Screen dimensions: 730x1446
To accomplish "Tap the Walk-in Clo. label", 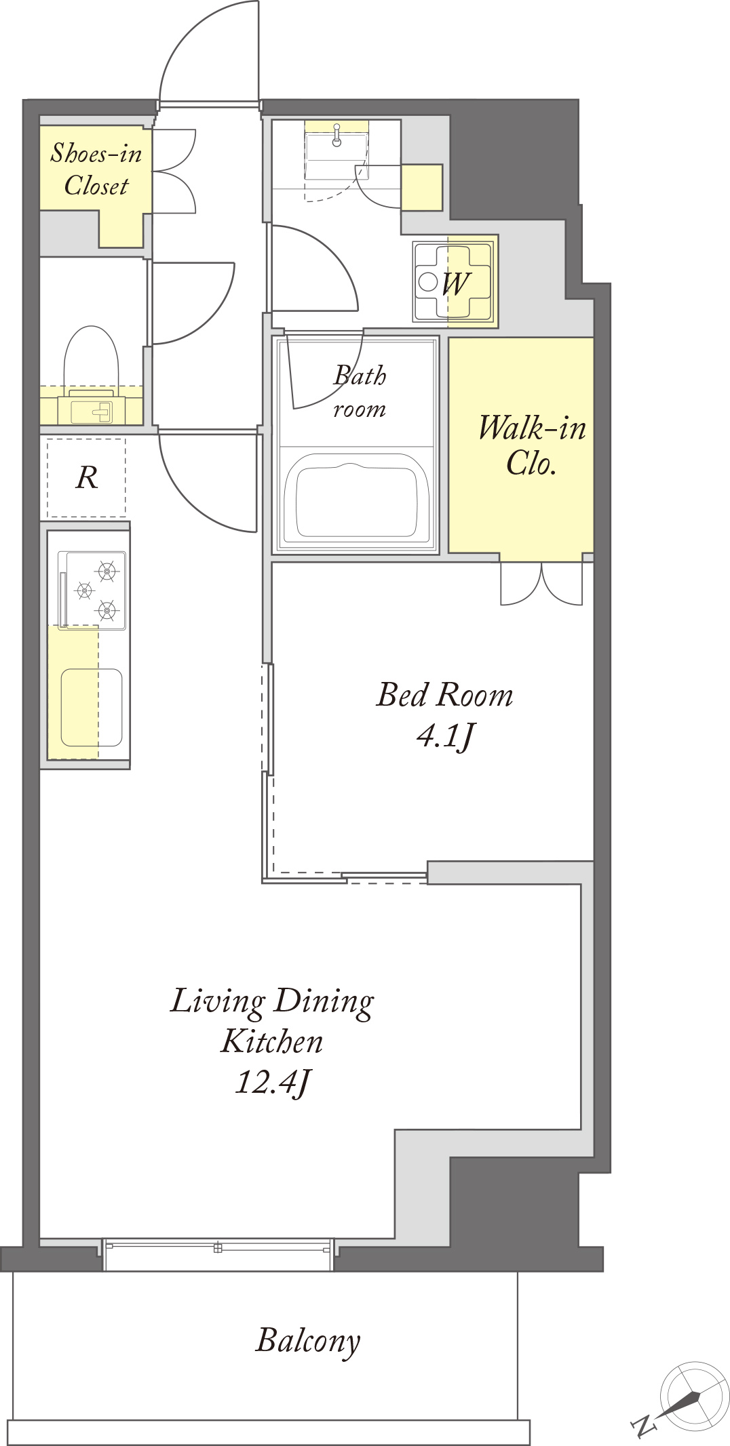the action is coord(532,445).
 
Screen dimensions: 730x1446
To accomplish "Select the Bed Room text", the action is coord(444,695).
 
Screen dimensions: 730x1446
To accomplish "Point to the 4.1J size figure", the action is coord(446,736).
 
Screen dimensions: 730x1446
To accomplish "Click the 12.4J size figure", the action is coord(273,1083).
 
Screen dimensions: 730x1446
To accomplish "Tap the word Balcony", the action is coord(308,1342).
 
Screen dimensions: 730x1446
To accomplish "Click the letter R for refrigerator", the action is coord(87,478).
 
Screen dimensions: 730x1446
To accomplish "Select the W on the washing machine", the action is coord(455,284).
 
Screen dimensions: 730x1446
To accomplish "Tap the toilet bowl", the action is coord(91,359).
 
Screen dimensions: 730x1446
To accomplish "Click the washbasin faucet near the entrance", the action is coord(337,135).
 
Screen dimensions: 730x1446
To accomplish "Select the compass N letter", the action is coord(643,1426).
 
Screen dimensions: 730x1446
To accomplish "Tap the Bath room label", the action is coord(360,392).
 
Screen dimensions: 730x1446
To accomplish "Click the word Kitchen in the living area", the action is coord(272,1042).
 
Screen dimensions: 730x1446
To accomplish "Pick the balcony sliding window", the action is coord(218,1255).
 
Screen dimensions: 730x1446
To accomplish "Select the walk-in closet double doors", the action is coord(541,583).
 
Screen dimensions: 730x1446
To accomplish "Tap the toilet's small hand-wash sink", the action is coord(91,409).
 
